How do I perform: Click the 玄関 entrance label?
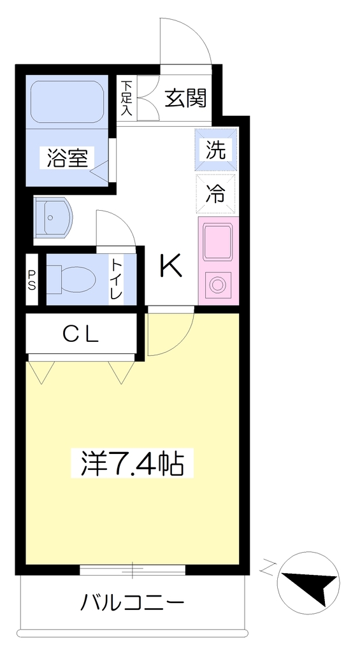coord(185,98)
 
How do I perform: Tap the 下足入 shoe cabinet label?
coord(127,98)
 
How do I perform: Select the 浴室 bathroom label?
coord(67,158)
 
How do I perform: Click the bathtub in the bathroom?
coord(67,101)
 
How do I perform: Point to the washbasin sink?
coord(54,218)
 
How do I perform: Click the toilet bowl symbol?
coord(71,280)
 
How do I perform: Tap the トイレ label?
coord(116,279)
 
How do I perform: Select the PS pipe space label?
coord(32,280)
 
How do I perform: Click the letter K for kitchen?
coord(171,267)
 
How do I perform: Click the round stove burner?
coord(217,285)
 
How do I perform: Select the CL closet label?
coord(82,334)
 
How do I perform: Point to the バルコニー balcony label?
coord(132,602)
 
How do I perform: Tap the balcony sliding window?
coord(133,569)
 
